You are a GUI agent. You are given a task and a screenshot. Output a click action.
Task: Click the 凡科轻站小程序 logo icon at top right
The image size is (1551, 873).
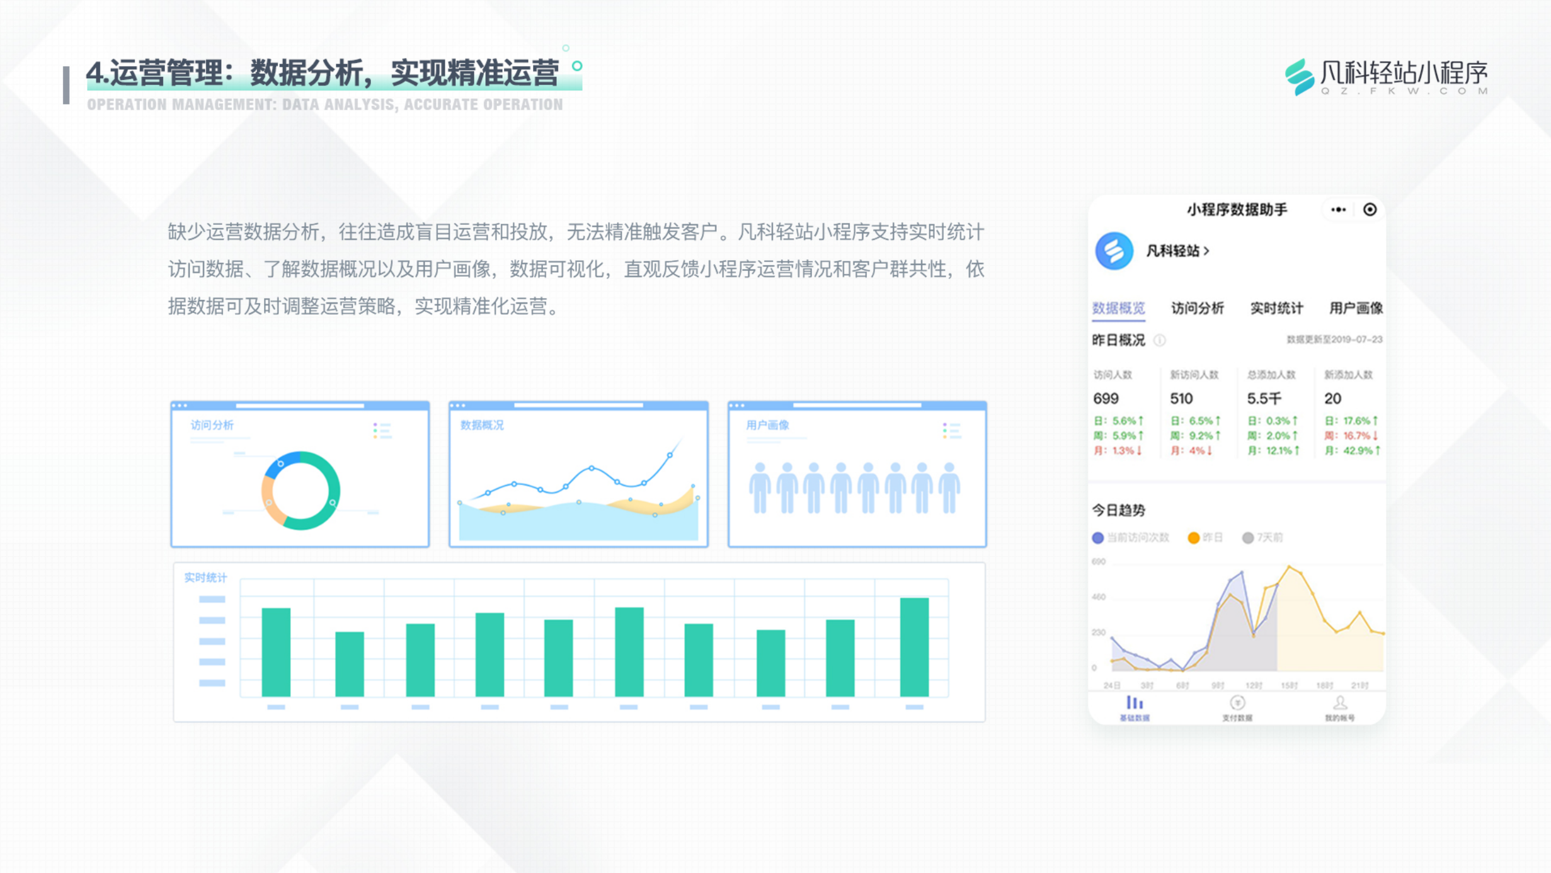1299,77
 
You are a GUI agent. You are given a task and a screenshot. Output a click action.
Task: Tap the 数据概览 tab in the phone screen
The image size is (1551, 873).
1118,308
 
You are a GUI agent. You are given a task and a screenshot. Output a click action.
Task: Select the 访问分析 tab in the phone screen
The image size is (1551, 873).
1197,308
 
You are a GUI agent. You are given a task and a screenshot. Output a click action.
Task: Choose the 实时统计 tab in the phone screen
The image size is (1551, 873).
1277,308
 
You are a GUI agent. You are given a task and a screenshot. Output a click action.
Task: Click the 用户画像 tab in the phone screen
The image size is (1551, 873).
1356,308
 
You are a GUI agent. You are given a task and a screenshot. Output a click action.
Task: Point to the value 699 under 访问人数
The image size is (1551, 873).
1106,398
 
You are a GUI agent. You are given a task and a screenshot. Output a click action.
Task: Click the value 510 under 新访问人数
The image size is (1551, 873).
1181,398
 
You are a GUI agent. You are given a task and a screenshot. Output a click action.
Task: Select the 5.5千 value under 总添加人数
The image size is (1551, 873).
1264,398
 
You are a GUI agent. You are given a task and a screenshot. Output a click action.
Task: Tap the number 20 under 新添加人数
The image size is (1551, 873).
1333,398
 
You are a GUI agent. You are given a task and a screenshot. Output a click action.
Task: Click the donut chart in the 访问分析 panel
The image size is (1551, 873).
301,490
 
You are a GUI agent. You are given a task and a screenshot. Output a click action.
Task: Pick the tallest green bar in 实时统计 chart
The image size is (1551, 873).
914,647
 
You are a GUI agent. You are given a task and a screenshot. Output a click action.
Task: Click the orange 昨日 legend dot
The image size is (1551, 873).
1194,538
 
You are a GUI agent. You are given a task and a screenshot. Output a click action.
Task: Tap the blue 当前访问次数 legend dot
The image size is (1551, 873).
1098,538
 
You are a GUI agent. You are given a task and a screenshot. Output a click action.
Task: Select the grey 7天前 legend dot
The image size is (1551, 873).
1247,538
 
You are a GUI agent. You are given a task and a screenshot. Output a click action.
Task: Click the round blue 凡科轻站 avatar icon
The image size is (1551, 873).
1114,251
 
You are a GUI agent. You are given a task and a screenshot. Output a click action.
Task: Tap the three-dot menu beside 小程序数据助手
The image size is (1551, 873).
1338,210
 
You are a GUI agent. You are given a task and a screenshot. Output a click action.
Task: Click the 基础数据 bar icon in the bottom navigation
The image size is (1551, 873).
1134,703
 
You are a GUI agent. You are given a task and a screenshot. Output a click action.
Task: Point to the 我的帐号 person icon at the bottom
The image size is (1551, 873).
1340,703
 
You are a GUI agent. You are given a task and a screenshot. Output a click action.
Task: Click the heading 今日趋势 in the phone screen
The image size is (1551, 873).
1118,510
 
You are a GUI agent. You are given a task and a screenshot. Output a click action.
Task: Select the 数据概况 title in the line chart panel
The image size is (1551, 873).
482,425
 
